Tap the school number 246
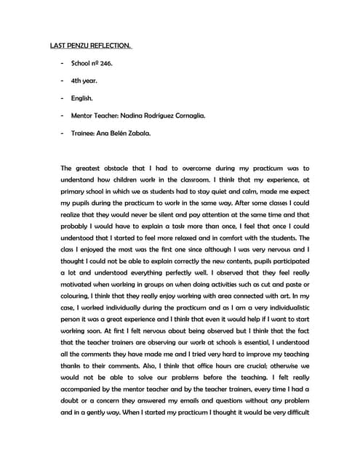point(104,63)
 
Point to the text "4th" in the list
point(77,81)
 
